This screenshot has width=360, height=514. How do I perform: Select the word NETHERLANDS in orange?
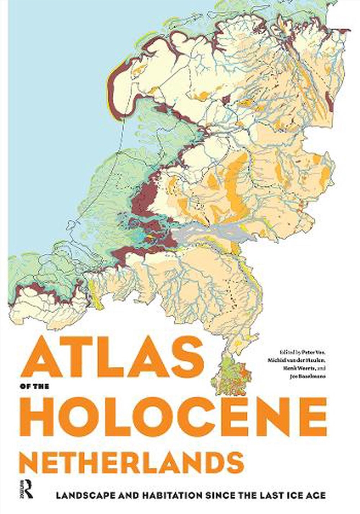pos(131,464)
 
